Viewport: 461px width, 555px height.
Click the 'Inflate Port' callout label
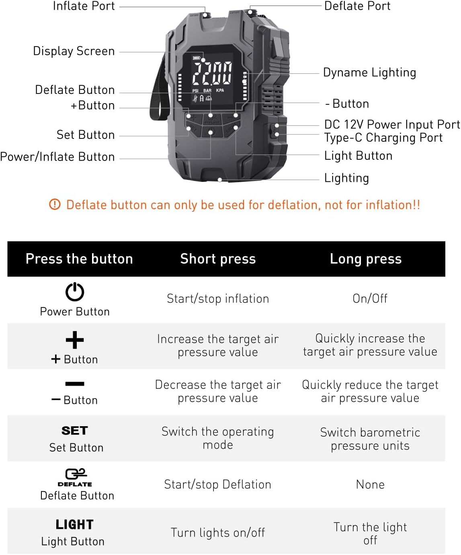pos(84,6)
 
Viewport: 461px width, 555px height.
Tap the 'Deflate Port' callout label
pos(357,6)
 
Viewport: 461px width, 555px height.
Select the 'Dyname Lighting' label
pos(369,73)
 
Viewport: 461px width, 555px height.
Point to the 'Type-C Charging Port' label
pos(383,138)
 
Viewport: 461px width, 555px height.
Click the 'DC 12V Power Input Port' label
pos(392,124)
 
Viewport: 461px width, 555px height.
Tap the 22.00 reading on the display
pos(212,73)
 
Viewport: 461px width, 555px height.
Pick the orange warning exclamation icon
pos(55,204)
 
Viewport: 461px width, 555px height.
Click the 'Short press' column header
pos(218,259)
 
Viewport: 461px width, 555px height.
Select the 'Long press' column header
pos(366,259)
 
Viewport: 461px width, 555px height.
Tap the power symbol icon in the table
pos(75,292)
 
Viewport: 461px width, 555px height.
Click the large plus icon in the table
pos(75,340)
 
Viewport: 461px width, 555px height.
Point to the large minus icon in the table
pos(75,384)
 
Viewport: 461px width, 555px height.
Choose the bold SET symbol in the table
pos(75,431)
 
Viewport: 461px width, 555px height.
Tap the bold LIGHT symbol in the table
pos(75,525)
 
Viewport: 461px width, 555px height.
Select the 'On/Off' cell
pos(370,299)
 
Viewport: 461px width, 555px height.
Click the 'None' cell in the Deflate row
pos(370,484)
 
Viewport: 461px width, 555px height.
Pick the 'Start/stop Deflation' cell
pos(218,484)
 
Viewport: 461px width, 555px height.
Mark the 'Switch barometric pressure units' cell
pos(370,439)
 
